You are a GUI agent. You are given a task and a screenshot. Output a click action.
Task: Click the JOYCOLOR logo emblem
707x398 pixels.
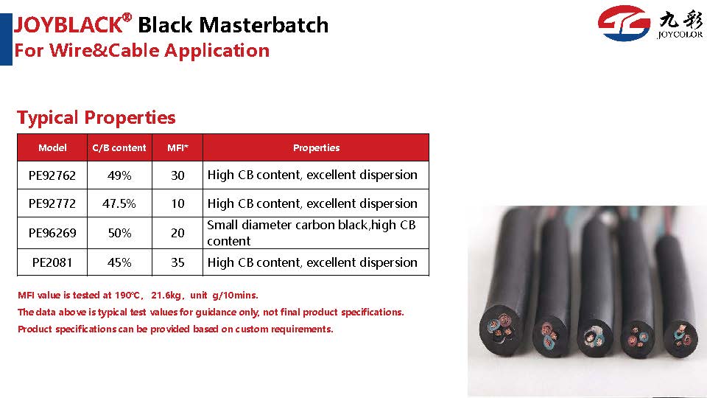pos(624,23)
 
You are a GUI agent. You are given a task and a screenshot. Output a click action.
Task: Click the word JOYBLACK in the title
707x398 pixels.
pos(68,24)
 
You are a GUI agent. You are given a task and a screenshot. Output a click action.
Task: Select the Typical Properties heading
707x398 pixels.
pos(96,117)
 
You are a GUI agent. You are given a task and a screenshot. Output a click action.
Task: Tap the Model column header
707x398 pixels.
pos(52,147)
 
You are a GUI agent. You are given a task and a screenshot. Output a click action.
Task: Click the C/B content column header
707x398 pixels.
pos(119,147)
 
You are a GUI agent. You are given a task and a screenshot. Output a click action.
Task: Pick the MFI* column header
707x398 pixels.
pos(177,147)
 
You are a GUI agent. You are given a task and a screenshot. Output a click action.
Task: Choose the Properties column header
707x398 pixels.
pos(316,147)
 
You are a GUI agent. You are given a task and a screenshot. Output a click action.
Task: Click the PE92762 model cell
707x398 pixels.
pos(52,175)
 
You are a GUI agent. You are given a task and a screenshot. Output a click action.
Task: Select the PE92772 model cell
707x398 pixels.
pos(52,203)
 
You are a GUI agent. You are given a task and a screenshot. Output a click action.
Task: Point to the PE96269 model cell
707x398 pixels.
pos(52,233)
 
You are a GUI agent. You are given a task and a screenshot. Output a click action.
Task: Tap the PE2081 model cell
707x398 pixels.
pos(52,262)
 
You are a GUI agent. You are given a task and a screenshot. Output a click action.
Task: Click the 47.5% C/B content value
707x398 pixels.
pos(119,203)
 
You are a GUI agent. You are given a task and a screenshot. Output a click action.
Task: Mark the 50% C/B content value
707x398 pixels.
pos(119,233)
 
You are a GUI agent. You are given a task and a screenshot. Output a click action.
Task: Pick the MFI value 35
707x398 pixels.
pos(177,262)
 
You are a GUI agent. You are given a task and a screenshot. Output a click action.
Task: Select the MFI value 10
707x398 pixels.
pos(177,203)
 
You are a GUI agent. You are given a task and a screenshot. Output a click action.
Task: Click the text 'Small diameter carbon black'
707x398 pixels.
pos(287,225)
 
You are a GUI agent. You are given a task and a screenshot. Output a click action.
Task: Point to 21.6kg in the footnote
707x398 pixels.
pos(166,295)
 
